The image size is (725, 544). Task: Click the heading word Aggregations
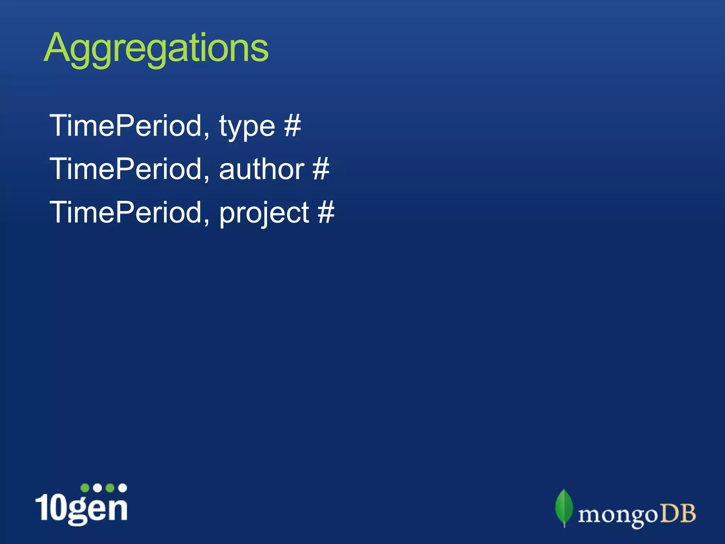coord(156,48)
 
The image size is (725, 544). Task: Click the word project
coord(264,214)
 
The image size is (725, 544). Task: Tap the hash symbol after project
coord(326,212)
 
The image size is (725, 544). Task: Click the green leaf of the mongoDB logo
coord(564,507)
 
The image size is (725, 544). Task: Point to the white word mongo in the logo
coord(617,516)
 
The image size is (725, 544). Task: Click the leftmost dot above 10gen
coord(85,488)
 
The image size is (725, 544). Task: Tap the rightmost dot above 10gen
coord(122,488)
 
